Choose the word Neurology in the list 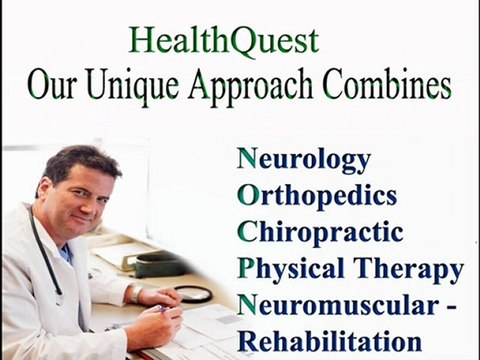304,160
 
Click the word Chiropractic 320,233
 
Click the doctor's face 80,196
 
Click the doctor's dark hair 74,160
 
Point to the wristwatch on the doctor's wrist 137,294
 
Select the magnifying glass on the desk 193,293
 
